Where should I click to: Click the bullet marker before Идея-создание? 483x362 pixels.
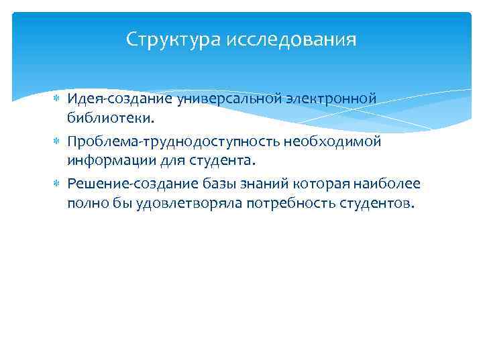coord(56,99)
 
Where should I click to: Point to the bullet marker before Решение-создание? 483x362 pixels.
coord(56,184)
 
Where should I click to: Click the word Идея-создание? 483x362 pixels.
coord(119,99)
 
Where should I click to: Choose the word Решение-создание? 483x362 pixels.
coord(131,184)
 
